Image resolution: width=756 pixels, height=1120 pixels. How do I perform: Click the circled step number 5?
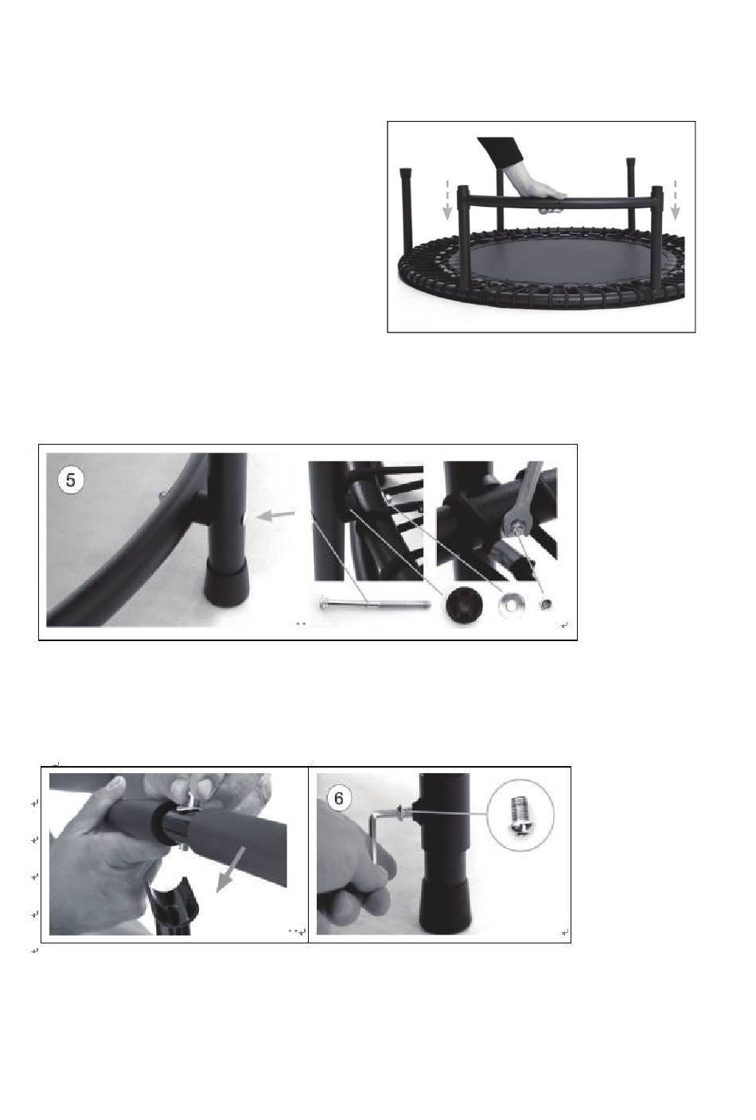71,480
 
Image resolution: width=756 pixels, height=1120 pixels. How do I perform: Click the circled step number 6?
339,799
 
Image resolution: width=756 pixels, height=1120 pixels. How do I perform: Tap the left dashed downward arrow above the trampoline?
447,200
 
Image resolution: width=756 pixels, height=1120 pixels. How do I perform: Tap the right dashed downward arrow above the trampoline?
676,200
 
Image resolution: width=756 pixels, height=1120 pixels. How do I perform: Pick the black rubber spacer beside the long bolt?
463,606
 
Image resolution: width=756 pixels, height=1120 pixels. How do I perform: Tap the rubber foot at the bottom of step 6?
446,906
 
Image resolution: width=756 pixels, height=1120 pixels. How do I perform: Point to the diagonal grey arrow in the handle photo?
230,870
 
